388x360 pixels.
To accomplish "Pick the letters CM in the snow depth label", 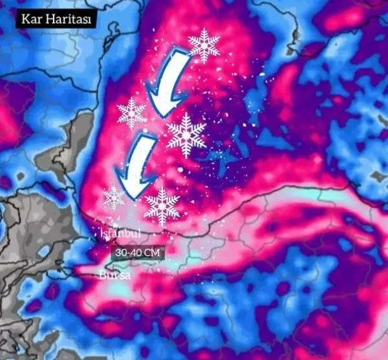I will tap(150, 253).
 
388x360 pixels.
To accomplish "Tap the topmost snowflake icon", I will tap(204, 44).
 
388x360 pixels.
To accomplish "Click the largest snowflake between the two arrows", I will tap(186, 134).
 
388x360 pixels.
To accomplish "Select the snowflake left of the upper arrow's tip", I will tap(132, 113).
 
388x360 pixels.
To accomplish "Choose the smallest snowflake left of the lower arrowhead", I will tap(114, 197).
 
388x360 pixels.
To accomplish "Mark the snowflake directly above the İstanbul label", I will tap(162, 206).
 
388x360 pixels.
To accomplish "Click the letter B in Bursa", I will tap(102, 275).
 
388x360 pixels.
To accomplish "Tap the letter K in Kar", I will tap(24, 18).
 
